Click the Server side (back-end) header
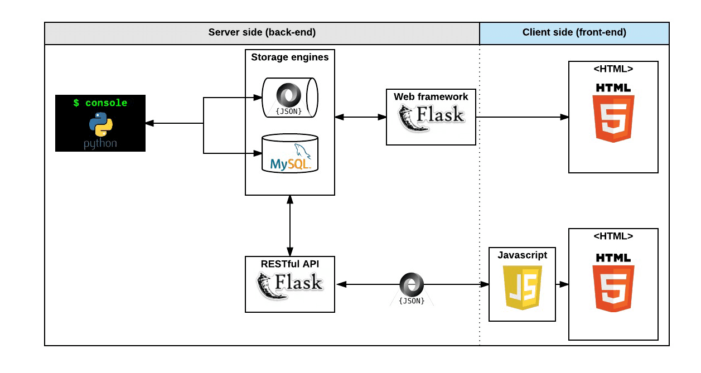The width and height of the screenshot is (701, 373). click(262, 32)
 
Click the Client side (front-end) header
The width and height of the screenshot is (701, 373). click(574, 32)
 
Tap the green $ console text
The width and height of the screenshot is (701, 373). click(100, 103)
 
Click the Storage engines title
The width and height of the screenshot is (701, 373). click(289, 57)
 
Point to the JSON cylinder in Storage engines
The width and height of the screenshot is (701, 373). click(289, 98)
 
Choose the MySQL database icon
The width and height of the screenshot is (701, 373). click(289, 154)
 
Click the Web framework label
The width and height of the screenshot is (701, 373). click(431, 96)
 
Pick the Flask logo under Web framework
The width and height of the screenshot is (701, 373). click(431, 117)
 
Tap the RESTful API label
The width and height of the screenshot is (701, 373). click(290, 263)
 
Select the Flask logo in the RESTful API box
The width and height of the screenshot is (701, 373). click(289, 284)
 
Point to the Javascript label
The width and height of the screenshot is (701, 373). click(522, 255)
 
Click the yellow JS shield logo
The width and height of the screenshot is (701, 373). click(522, 287)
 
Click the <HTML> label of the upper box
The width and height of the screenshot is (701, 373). click(613, 69)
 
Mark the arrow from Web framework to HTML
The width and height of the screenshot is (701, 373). click(522, 117)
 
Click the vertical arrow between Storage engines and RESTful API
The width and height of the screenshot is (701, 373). click(290, 226)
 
